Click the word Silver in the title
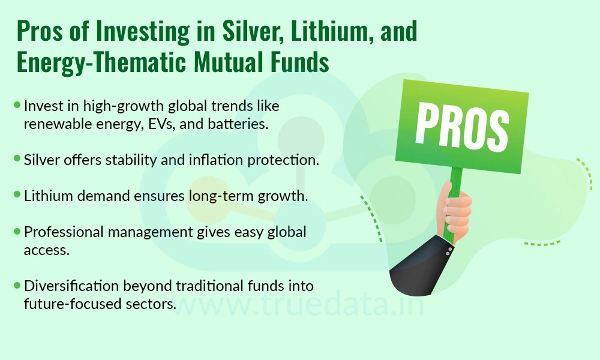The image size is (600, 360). [253, 31]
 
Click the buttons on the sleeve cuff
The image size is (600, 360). [449, 251]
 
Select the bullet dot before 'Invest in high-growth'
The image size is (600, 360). [17, 104]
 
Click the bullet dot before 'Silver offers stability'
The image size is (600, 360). [17, 158]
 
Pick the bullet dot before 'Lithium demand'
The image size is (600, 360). [17, 194]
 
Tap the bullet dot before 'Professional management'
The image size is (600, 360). [17, 230]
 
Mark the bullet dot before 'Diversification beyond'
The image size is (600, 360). [17, 285]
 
